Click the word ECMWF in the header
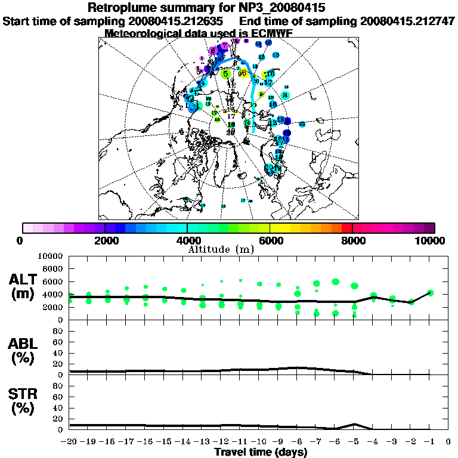[x=272, y=33]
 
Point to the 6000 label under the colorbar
[x=270, y=240]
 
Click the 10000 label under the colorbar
[x=431, y=240]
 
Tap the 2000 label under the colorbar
[x=105, y=240]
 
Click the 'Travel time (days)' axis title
[x=261, y=453]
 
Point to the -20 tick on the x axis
[x=70, y=442]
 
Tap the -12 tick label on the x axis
[x=222, y=442]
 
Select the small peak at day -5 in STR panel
[x=355, y=424]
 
